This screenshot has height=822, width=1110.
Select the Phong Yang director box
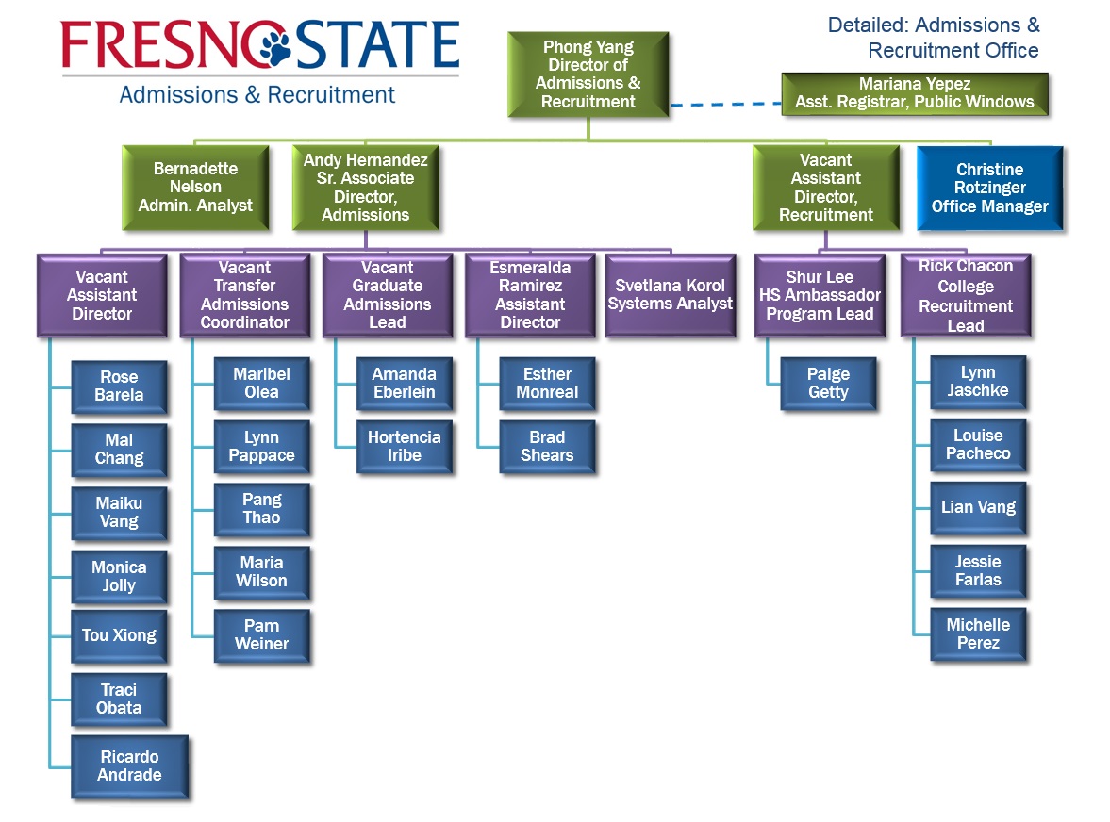coord(588,74)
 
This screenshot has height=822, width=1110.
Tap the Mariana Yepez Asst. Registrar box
coord(914,93)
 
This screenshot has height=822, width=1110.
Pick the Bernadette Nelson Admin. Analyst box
coord(195,187)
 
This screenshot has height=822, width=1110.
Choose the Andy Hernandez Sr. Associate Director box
coord(365,188)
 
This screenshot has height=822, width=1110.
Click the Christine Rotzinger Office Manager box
coord(989,188)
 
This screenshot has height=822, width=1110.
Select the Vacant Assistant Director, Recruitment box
coord(825,188)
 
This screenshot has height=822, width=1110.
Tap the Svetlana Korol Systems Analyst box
coord(670,295)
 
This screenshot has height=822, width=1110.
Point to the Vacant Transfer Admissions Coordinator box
coord(244,295)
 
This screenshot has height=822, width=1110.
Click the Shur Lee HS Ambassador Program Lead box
coord(820,295)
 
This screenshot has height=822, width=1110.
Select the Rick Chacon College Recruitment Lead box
coord(966,295)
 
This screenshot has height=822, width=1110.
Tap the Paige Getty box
coord(828,383)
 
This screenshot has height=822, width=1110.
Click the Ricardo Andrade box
coord(129,766)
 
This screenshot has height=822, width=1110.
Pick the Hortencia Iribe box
coord(404,446)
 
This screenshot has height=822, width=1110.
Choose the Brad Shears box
coord(547,446)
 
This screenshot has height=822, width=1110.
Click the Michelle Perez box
coord(978,633)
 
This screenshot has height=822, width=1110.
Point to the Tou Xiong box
coord(119,635)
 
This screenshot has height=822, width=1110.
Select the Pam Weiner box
coord(261,634)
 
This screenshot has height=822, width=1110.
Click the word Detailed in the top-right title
coord(869,25)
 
